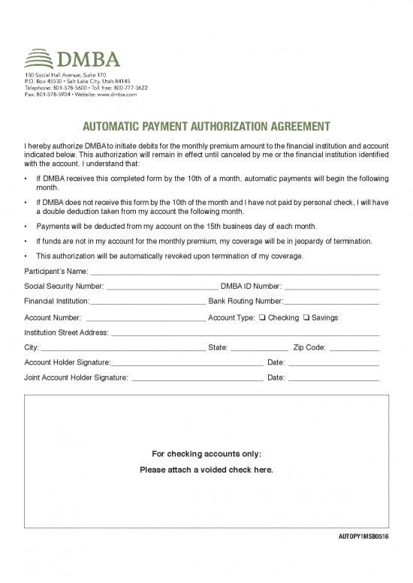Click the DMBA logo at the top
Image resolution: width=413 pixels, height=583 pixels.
[71, 59]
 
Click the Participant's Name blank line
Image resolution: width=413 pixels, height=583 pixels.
[234, 272]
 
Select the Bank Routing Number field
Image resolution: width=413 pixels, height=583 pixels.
[331, 302]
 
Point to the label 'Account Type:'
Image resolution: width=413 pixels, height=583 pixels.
[231, 318]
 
